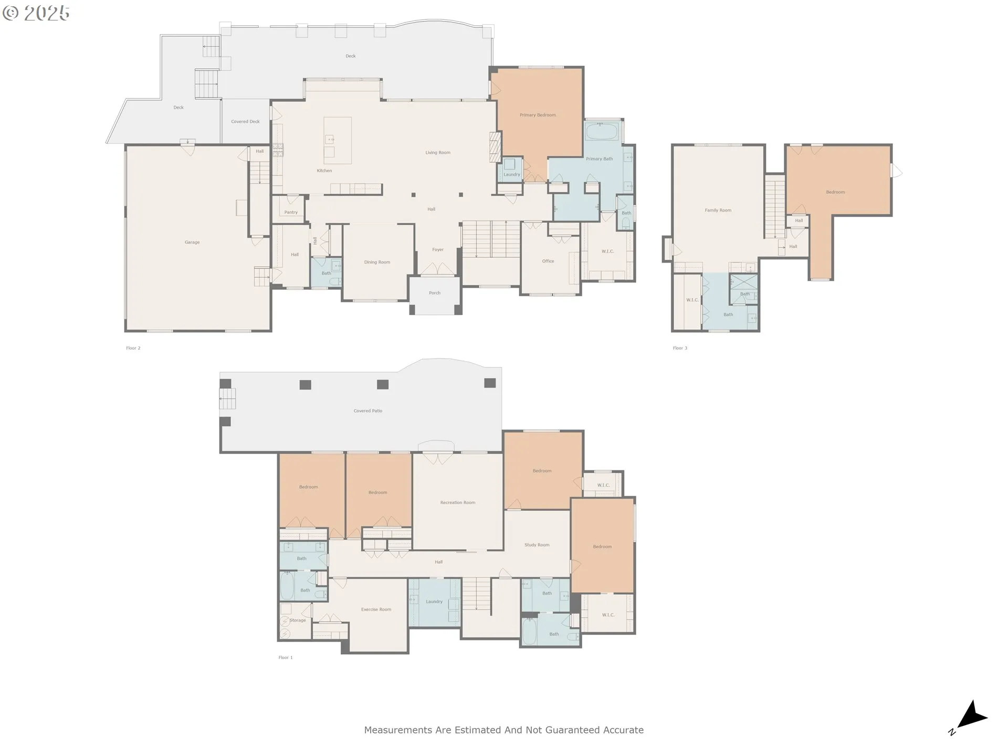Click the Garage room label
click(x=192, y=242)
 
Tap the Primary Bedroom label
click(x=538, y=115)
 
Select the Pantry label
click(x=291, y=212)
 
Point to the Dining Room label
click(x=377, y=262)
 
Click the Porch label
click(x=435, y=293)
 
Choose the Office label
click(x=548, y=261)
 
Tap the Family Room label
click(x=718, y=210)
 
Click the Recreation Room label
click(x=458, y=502)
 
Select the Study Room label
click(x=537, y=545)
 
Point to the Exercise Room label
click(x=376, y=610)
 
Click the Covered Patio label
click(x=368, y=411)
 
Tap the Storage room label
click(x=298, y=620)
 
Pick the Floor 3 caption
click(x=680, y=348)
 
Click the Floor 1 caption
click(x=286, y=657)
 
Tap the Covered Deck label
click(x=246, y=121)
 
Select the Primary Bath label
click(x=600, y=159)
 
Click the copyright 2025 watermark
click(x=36, y=13)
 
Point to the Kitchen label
click(x=324, y=171)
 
